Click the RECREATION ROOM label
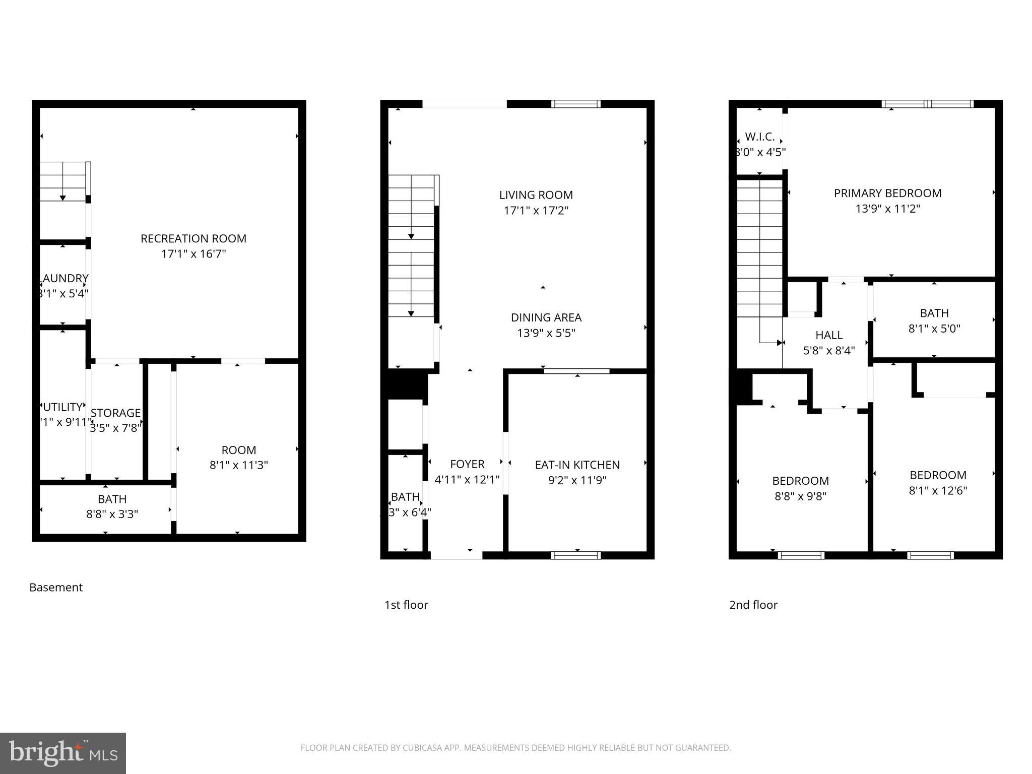click(x=193, y=238)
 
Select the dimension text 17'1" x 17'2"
click(x=536, y=211)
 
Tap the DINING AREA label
click(x=546, y=317)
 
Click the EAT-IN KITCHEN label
click(x=577, y=465)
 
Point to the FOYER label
click(x=467, y=464)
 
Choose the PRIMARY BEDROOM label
click(x=887, y=193)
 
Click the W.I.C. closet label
click(x=759, y=137)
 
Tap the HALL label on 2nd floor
click(x=829, y=335)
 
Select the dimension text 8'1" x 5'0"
click(x=934, y=329)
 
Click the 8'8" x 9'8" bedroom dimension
click(x=800, y=496)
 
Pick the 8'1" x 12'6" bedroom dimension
click(x=938, y=490)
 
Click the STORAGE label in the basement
click(x=115, y=413)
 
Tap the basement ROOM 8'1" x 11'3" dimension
click(x=238, y=465)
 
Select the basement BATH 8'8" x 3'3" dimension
click(x=112, y=514)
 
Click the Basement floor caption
click(x=56, y=587)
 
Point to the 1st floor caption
click(x=406, y=605)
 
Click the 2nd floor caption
click(x=753, y=605)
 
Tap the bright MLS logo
click(x=63, y=753)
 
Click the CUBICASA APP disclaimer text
click(x=515, y=748)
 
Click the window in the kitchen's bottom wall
click(x=576, y=555)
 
